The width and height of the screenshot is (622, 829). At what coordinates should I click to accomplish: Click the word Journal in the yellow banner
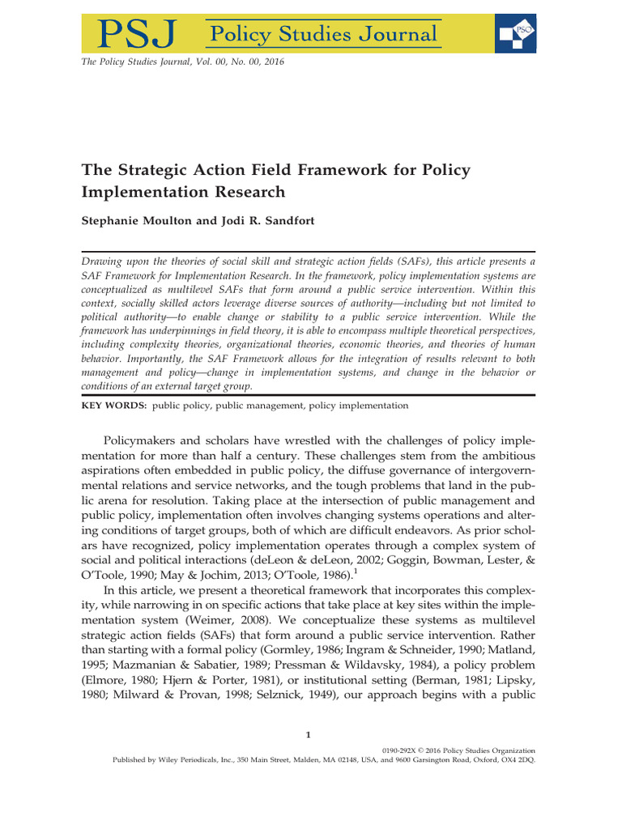[x=397, y=34]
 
